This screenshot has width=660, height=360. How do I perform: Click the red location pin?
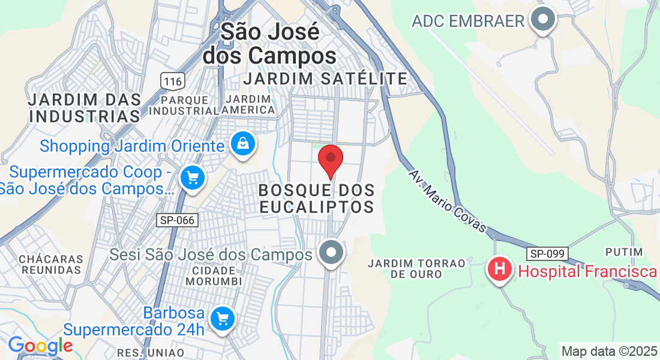(330, 160)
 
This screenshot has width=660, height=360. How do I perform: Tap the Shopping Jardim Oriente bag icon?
(242, 145)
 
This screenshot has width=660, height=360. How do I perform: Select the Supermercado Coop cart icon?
(193, 178)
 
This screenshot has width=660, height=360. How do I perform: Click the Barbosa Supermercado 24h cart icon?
(223, 318)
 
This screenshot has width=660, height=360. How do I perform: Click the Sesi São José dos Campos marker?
(331, 253)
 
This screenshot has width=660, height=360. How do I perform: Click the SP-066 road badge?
(177, 220)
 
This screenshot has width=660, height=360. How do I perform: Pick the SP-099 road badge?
(548, 253)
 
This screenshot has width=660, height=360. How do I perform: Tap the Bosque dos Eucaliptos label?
(317, 199)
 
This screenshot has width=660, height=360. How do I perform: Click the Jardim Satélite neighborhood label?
(326, 78)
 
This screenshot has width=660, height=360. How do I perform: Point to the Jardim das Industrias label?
(85, 107)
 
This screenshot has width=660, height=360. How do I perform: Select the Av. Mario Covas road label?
(446, 203)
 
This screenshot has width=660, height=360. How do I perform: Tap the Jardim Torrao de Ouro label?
(417, 268)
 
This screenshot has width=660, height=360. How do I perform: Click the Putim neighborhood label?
(624, 251)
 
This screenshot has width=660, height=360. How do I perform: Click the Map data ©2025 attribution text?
(608, 350)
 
